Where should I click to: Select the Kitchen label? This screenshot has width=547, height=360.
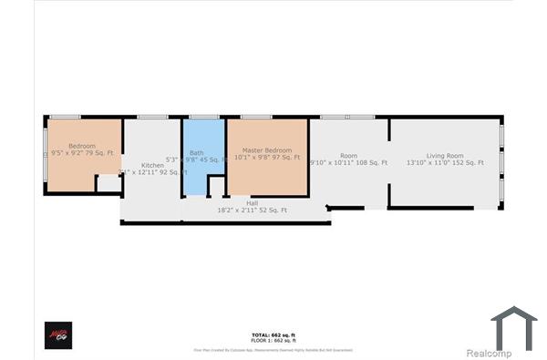click(x=152, y=165)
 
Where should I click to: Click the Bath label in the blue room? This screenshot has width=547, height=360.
click(x=197, y=152)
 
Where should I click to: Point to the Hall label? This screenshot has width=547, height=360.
click(x=239, y=203)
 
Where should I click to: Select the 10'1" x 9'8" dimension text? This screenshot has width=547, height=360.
click(x=267, y=158)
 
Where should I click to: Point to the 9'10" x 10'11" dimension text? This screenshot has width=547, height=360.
click(x=348, y=163)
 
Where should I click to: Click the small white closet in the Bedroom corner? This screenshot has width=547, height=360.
click(x=108, y=183)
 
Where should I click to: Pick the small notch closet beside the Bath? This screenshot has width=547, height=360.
click(x=216, y=186)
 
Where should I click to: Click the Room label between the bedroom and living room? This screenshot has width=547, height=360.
click(x=349, y=156)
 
